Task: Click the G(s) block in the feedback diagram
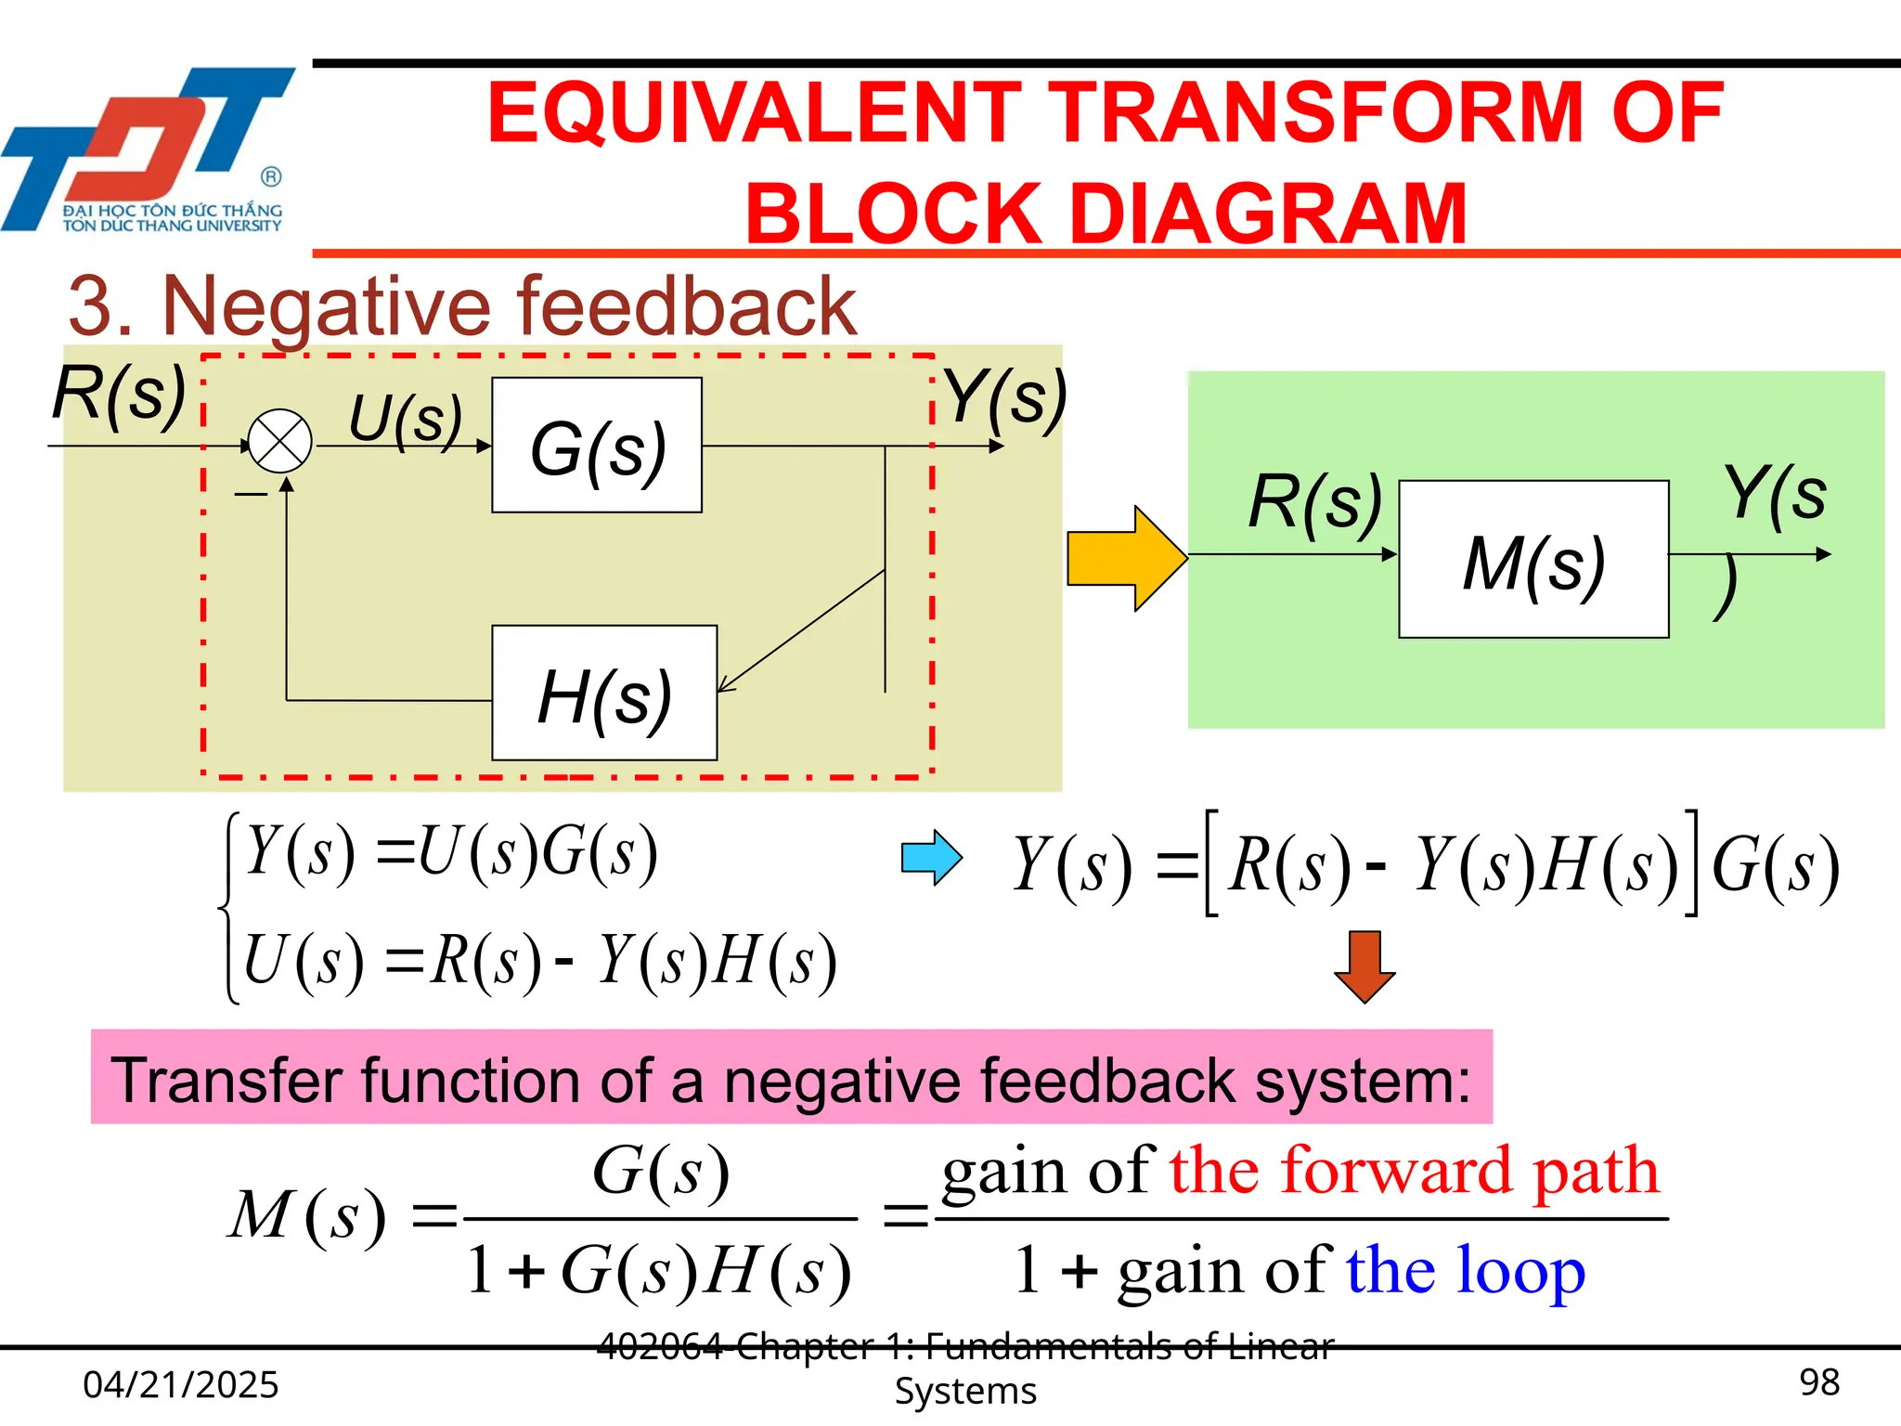[x=597, y=445]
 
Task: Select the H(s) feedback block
[x=604, y=694]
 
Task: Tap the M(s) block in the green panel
[x=1533, y=560]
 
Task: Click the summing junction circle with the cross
[x=279, y=441]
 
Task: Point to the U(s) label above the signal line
[x=406, y=419]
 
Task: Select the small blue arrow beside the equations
[x=931, y=857]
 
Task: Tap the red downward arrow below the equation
[x=1364, y=966]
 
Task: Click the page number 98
[x=1818, y=1382]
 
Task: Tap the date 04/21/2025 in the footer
[x=181, y=1384]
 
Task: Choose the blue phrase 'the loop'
[x=1465, y=1270]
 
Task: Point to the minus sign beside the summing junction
[x=251, y=495]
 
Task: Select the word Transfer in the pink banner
[x=227, y=1080]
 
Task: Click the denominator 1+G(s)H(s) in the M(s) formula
[x=659, y=1270]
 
